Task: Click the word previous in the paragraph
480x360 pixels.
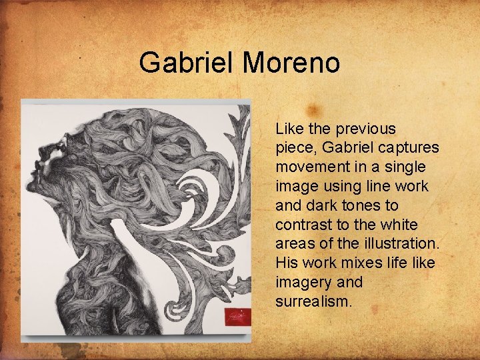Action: (366, 129)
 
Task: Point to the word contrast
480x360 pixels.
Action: (301, 223)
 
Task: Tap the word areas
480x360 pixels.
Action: (295, 243)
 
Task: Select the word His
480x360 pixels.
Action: (287, 263)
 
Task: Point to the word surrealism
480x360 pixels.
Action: (313, 301)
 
